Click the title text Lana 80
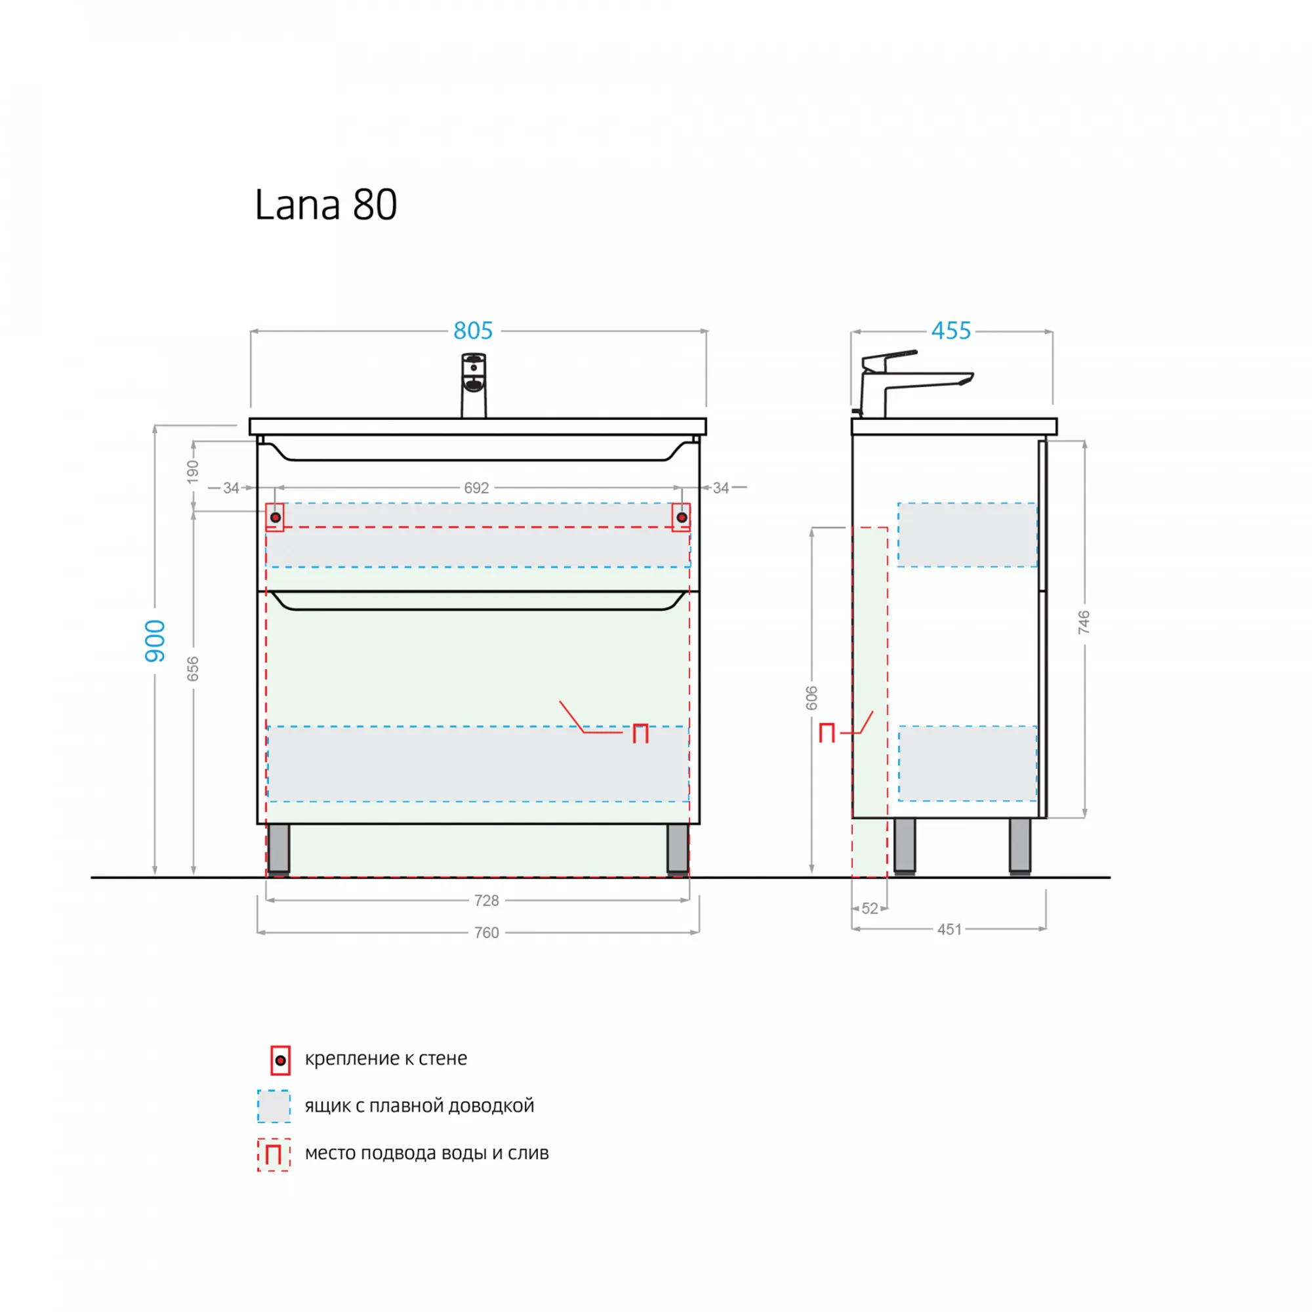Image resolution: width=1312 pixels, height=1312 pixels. coord(325,205)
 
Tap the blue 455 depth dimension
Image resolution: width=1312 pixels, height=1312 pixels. coord(951,331)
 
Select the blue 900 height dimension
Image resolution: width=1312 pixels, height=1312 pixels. coord(155,640)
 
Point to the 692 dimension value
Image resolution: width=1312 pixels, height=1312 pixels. coord(476,487)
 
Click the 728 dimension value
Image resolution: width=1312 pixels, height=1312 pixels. coord(486,901)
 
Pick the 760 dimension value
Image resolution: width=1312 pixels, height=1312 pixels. coord(486,932)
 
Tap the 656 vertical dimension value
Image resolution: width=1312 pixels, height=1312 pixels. coord(193,669)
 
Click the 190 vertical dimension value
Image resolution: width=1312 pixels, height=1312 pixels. coord(193,472)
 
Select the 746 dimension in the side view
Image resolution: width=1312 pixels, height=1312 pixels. coord(1084,622)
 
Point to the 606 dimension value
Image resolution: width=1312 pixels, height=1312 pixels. coord(811,698)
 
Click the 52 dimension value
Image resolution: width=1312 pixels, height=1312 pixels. coord(870,909)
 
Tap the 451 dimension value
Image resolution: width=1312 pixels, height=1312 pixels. coord(949,929)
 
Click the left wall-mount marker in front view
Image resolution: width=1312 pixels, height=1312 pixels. coord(275,518)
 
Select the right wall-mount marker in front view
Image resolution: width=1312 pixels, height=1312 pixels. coord(682,518)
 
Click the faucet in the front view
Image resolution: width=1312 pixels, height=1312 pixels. coord(474,385)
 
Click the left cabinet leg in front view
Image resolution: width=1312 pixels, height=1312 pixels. coord(278,849)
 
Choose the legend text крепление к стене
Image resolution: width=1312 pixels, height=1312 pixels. coord(386,1058)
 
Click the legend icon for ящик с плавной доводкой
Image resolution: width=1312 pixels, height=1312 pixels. coord(274,1106)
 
